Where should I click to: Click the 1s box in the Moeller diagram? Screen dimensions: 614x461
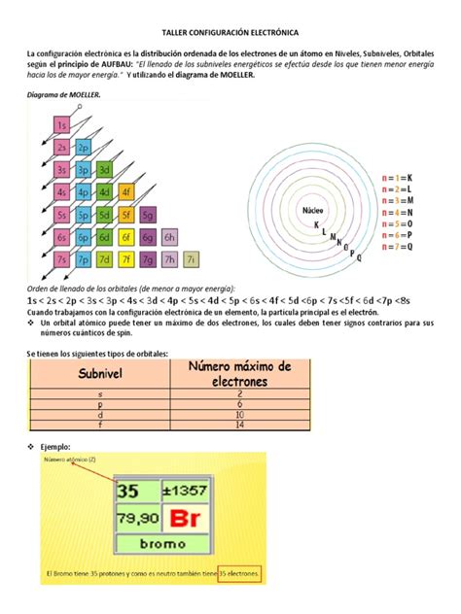[61, 125]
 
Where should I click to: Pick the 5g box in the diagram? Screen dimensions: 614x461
[148, 215]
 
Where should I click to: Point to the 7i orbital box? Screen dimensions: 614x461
[192, 259]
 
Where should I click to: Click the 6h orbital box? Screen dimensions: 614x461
[169, 237]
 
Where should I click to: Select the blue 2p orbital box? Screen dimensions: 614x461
[84, 148]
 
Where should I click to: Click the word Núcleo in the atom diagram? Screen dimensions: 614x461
[312, 210]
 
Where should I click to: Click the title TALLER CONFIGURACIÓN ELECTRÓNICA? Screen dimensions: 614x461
[230, 32]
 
